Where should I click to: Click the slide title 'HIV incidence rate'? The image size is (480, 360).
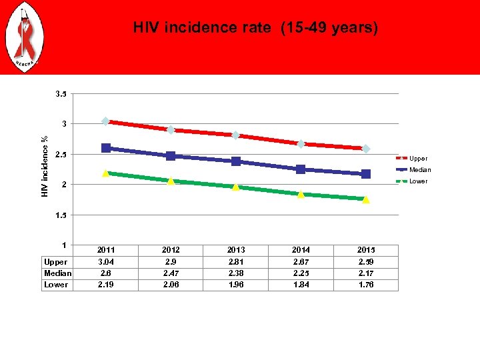[x=255, y=28]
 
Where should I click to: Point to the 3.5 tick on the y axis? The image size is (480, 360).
[x=60, y=94]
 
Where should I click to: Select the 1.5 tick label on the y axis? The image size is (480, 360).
[x=60, y=215]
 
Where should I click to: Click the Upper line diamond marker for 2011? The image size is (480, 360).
[x=106, y=121]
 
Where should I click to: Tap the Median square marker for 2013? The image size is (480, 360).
[x=236, y=161]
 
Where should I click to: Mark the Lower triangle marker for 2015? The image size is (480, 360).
[x=366, y=199]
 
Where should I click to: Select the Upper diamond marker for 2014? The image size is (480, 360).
[x=301, y=144]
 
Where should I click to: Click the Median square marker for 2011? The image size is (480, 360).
[x=106, y=148]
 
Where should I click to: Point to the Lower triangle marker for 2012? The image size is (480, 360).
[x=171, y=181]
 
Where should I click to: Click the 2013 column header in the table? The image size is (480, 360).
[x=235, y=250]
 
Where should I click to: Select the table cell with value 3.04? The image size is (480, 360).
[x=106, y=262]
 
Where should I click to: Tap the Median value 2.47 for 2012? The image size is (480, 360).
[x=171, y=273]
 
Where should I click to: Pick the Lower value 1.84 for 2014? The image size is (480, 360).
[x=301, y=285]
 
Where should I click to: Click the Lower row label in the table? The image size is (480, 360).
[x=56, y=285]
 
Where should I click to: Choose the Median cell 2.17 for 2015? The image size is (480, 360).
[x=366, y=273]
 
